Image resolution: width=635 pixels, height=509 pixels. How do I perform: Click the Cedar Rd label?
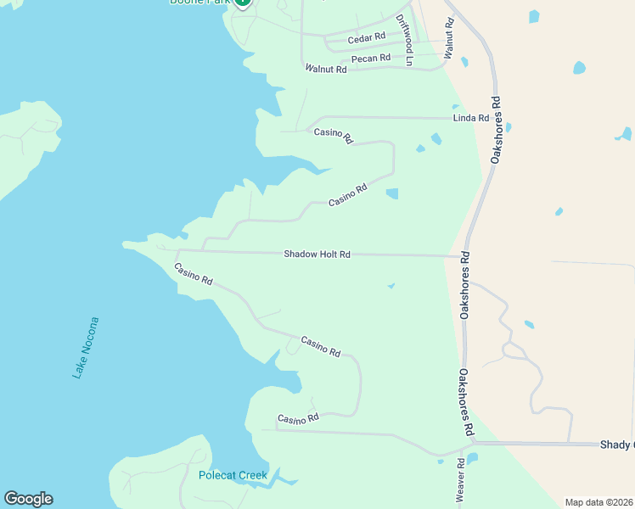tap(367, 37)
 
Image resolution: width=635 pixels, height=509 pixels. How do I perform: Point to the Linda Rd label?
tap(471, 118)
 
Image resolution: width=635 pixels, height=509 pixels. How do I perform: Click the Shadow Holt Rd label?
tap(317, 254)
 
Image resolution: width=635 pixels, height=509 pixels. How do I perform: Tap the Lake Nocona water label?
tap(86, 347)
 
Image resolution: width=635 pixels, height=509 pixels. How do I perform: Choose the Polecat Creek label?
tap(233, 475)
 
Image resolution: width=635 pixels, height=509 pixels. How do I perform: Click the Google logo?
tap(28, 499)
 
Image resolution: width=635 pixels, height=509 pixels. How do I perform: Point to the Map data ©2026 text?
tap(598, 502)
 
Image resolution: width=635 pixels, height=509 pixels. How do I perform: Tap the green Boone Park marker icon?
tap(242, 3)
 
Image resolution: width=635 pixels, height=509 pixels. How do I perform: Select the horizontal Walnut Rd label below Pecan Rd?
tap(326, 69)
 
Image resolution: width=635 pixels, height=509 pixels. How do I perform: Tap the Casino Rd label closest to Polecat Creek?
tap(298, 419)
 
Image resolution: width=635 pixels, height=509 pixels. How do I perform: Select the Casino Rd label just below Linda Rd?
tap(333, 135)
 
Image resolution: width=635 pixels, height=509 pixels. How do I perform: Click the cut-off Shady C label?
tap(616, 445)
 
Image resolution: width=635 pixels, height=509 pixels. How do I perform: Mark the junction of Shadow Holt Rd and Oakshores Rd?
tap(459, 255)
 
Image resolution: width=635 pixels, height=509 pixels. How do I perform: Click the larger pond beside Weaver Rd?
tap(472, 458)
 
